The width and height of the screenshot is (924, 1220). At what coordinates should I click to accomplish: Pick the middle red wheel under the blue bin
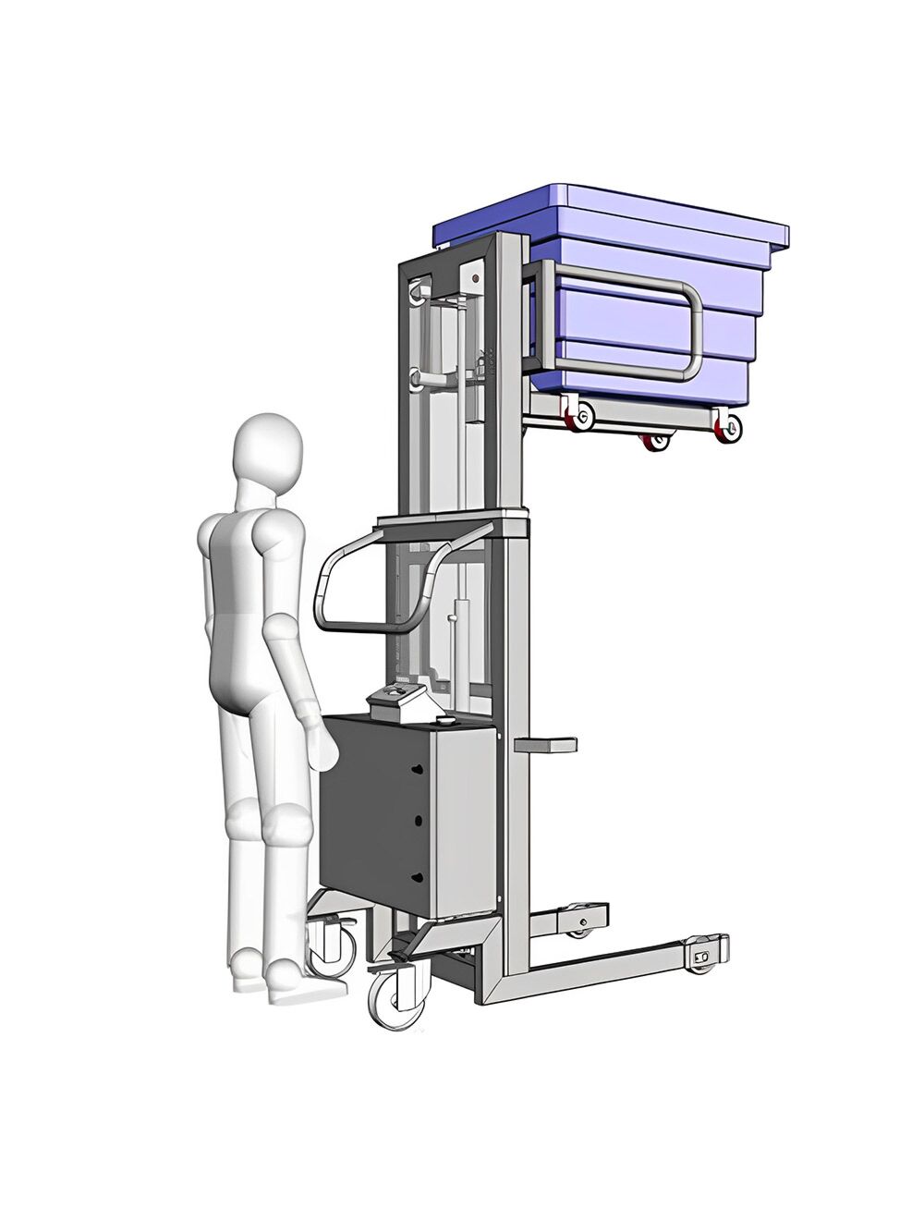coord(657,442)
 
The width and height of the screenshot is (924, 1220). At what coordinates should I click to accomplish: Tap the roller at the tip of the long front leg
coord(705,957)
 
